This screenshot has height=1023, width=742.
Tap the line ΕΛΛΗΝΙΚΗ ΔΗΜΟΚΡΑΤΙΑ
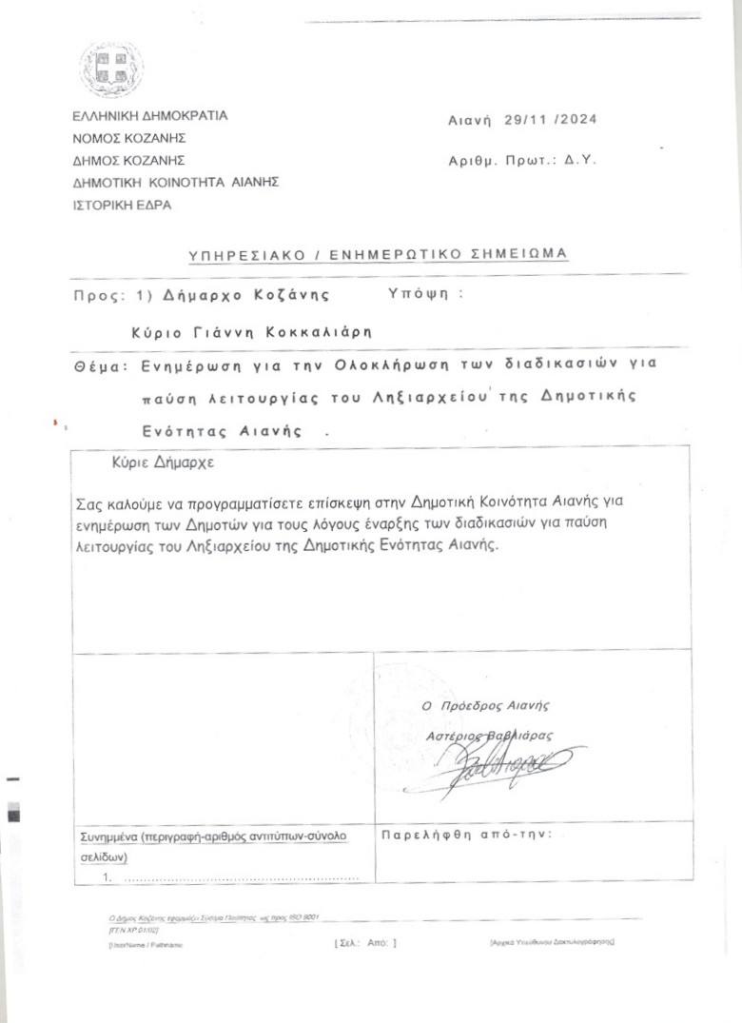tap(150, 116)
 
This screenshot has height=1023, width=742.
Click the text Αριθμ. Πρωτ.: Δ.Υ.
tap(522, 161)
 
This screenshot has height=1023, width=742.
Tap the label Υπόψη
tap(418, 294)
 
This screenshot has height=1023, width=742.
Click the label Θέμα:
tap(100, 364)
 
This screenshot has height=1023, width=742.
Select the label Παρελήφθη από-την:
tap(466, 835)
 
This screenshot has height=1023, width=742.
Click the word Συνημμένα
tap(109, 836)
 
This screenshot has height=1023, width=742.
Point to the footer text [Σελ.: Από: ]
tap(365, 942)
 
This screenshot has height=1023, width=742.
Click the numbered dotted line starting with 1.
tap(228, 877)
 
